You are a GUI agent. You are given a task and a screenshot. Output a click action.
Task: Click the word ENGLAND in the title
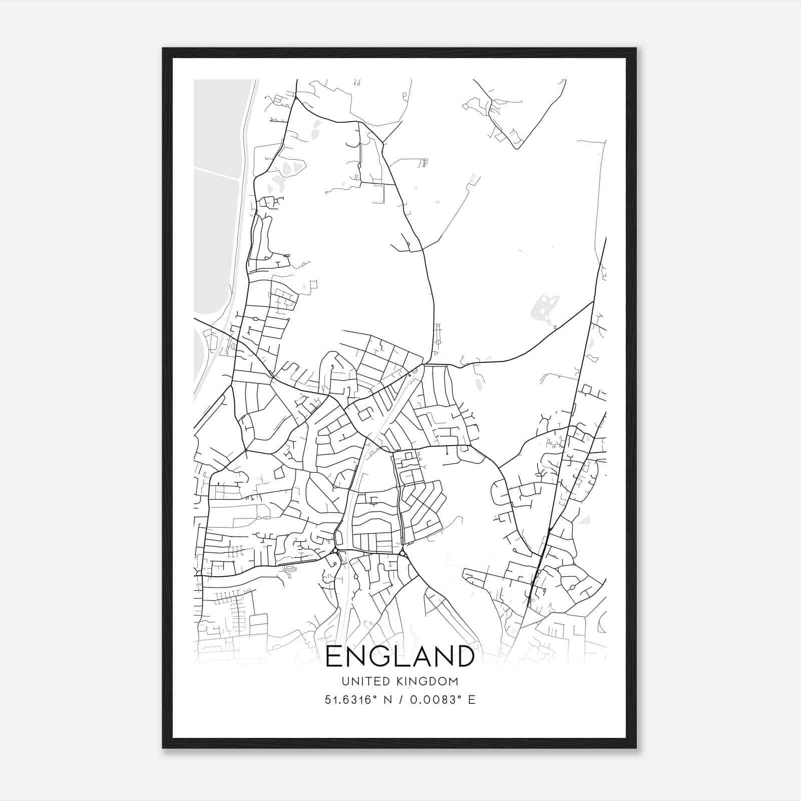[399, 656]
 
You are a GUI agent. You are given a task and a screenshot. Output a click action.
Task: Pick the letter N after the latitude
[387, 699]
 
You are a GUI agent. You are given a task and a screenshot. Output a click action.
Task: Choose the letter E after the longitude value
[471, 699]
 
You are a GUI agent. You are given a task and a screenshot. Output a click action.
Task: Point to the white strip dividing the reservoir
[216, 173]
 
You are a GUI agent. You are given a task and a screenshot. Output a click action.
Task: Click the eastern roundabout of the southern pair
[402, 554]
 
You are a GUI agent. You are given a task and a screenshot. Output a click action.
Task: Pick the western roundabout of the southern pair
[334, 551]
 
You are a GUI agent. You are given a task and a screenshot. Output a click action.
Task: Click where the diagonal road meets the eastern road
[593, 302]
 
